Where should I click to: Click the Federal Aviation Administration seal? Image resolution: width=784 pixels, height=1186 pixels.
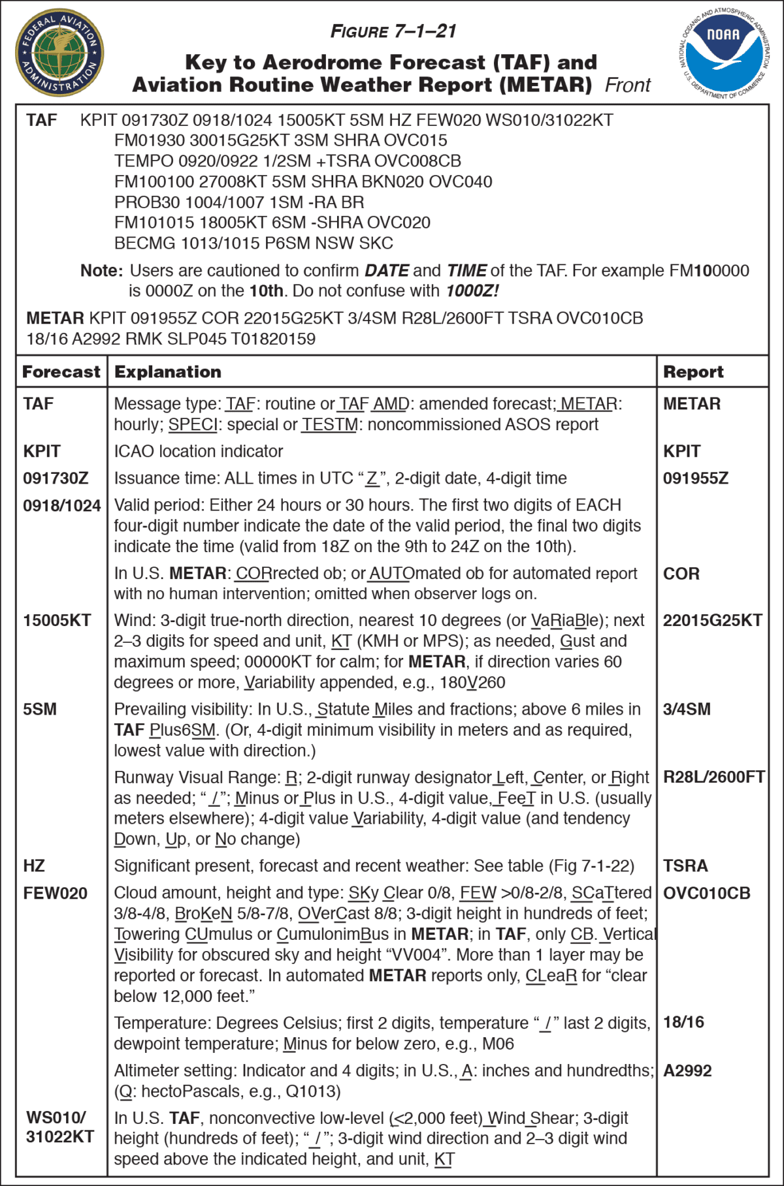point(59,52)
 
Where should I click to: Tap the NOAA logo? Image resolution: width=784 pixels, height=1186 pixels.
point(724,53)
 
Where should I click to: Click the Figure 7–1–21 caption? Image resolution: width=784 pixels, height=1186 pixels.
point(393,31)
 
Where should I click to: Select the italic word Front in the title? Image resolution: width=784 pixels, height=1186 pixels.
point(627,85)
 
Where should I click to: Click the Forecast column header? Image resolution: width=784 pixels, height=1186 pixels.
point(61,371)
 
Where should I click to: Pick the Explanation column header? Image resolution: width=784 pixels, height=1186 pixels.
point(168,371)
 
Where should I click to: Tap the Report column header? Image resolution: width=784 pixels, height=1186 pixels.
point(693,371)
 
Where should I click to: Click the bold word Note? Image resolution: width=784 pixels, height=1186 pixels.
point(101,270)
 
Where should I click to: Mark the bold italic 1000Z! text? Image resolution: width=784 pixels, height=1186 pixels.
point(472,290)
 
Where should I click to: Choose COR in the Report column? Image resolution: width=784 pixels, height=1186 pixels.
point(681,574)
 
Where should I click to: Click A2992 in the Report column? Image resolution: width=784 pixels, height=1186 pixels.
point(687,1070)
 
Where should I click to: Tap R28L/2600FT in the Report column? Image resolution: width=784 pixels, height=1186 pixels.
point(713,777)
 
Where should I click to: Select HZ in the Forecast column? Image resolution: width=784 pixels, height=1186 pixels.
point(34,866)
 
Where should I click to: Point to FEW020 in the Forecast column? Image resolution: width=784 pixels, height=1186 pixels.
point(55,893)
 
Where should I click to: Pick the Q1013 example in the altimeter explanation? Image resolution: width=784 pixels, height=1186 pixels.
point(313,1091)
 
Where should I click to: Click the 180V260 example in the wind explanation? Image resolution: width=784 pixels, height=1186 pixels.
point(471,682)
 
